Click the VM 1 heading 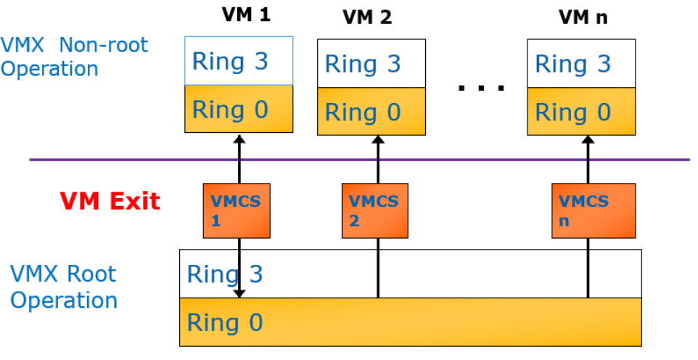click(245, 15)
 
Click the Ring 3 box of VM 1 click(239, 61)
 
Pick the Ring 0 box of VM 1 click(239, 109)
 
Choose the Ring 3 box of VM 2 click(371, 63)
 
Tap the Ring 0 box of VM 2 click(371, 111)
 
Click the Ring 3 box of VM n click(581, 63)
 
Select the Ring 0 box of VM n click(581, 111)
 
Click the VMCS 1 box click(237, 210)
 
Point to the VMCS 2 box click(374, 210)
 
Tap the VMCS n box click(593, 210)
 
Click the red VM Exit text click(110, 200)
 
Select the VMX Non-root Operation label click(74, 57)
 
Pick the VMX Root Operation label click(64, 287)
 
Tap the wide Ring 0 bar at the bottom click(411, 322)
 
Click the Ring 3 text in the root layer click(225, 274)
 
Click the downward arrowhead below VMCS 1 click(239, 292)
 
